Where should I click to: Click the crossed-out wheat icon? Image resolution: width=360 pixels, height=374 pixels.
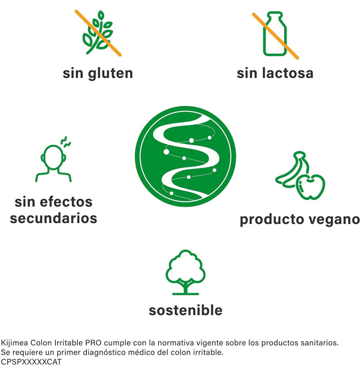[x=98, y=33]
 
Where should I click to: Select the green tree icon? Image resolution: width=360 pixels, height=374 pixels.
[x=185, y=272]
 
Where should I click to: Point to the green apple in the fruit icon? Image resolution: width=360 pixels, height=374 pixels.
[x=310, y=187]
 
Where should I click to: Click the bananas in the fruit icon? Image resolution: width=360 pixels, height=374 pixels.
[x=291, y=170]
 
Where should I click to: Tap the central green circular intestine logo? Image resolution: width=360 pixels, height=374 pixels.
[x=185, y=156]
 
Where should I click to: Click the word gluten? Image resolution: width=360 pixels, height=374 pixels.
[x=110, y=74]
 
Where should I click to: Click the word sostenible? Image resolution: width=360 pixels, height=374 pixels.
[x=185, y=310]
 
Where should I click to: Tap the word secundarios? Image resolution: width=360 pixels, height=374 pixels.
[x=54, y=218]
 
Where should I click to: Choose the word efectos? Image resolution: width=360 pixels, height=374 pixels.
[x=66, y=202]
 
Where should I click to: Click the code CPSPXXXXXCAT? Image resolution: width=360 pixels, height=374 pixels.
[x=31, y=362]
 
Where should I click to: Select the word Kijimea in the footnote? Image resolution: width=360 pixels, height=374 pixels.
[x=14, y=343]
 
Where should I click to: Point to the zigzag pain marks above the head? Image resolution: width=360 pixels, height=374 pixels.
[x=66, y=142]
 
